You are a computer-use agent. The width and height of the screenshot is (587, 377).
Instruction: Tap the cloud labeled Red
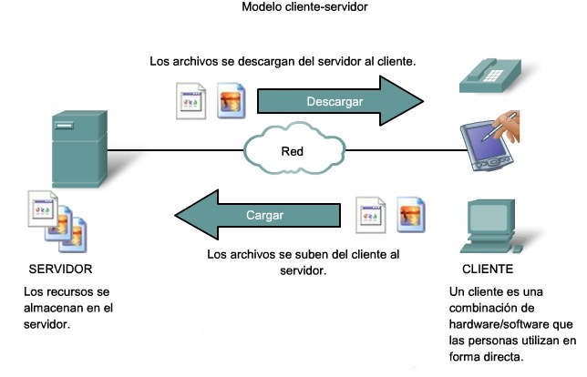coord(291,149)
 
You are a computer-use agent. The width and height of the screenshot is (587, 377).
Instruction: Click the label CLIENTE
coord(488,270)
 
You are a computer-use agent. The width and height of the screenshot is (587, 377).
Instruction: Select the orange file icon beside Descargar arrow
coord(229,102)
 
